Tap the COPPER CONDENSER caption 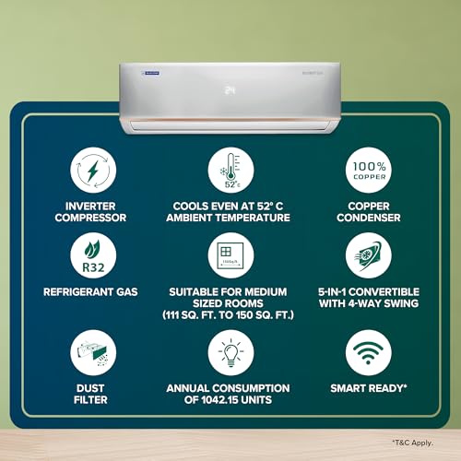click(368, 211)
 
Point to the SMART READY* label click(368, 389)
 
